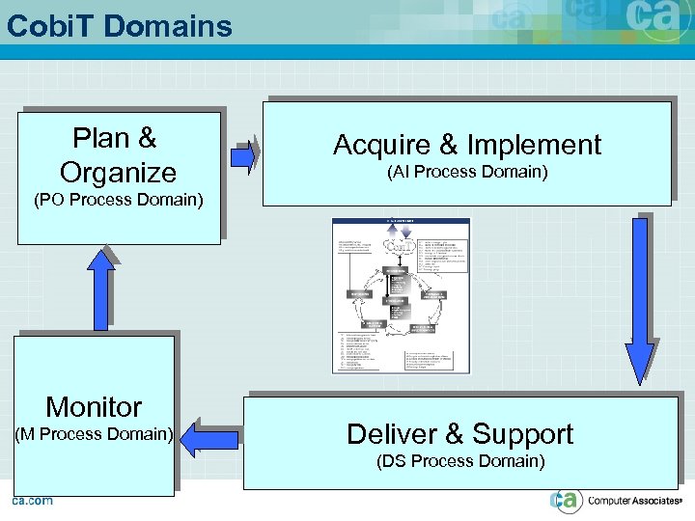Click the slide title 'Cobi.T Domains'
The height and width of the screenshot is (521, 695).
(x=120, y=26)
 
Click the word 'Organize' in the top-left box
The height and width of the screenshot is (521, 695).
(x=118, y=173)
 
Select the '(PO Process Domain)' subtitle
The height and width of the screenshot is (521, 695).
(x=118, y=201)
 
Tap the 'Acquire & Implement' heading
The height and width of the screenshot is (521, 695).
(x=467, y=145)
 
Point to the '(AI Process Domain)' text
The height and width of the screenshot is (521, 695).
(x=467, y=172)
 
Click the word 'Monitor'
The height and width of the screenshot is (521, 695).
(x=94, y=406)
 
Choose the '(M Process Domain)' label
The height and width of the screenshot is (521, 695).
(x=94, y=434)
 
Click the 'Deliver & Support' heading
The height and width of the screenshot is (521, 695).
(x=459, y=434)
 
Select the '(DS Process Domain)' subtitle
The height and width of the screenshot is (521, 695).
(x=460, y=461)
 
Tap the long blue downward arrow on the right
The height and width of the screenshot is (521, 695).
(x=639, y=299)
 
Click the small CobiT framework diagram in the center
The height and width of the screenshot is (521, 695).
(x=401, y=295)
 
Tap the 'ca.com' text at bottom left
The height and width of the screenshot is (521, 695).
(x=32, y=501)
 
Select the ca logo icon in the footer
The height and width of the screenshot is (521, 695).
(x=567, y=501)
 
